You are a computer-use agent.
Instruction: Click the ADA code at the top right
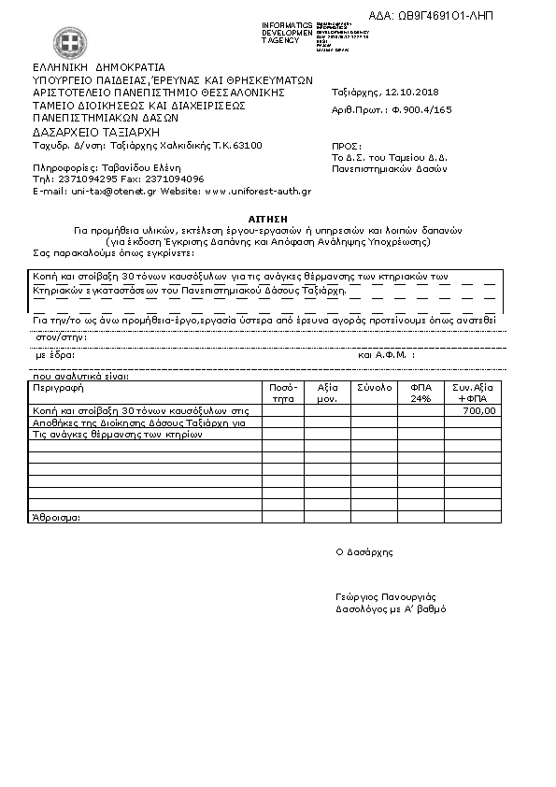click(457, 17)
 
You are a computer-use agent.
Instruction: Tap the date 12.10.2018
click(412, 93)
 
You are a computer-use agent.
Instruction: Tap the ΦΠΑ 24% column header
click(421, 392)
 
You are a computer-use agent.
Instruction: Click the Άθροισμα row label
click(56, 517)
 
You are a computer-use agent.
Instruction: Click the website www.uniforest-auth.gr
click(257, 191)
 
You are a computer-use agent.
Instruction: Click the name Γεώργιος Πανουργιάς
click(385, 596)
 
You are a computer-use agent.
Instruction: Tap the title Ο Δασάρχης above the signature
click(364, 551)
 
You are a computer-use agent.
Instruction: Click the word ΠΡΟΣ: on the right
click(345, 147)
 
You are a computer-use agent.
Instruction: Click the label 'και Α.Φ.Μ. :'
click(386, 355)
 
